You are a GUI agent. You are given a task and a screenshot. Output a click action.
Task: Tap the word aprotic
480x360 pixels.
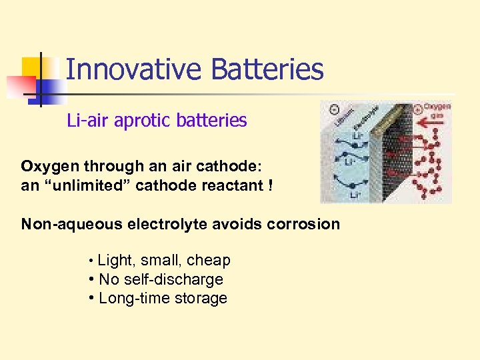click(x=139, y=121)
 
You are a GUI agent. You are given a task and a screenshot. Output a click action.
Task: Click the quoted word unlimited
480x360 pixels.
click(x=87, y=185)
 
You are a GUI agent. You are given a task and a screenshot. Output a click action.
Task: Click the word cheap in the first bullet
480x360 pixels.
click(x=209, y=261)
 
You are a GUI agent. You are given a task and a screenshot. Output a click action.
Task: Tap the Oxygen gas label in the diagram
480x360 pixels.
click(x=437, y=109)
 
